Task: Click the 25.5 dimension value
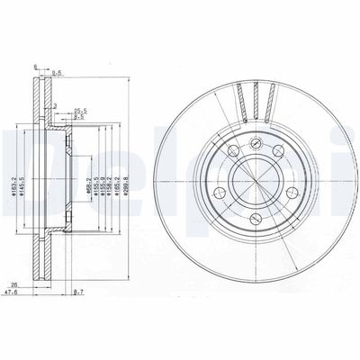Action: point(79,111)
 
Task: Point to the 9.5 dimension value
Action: point(79,117)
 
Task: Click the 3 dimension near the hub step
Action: point(55,108)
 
